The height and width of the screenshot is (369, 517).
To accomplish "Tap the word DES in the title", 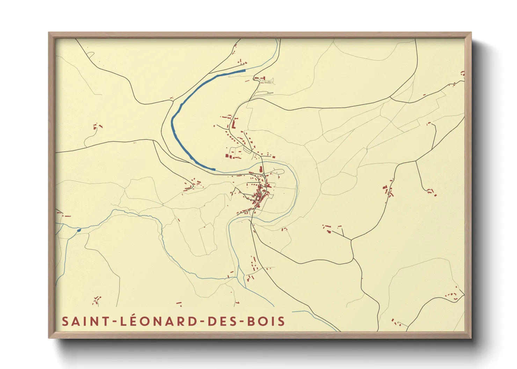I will pyautogui.click(x=221, y=321).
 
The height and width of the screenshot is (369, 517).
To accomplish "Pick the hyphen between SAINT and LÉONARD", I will pyautogui.click(x=115, y=322).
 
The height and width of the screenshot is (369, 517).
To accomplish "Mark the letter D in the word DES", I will pyautogui.click(x=212, y=321).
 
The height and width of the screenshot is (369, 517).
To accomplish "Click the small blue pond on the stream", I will pyautogui.click(x=79, y=230).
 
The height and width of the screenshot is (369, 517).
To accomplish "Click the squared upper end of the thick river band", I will pyautogui.click(x=244, y=70).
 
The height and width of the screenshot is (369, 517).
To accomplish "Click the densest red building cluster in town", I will pyautogui.click(x=260, y=194).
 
